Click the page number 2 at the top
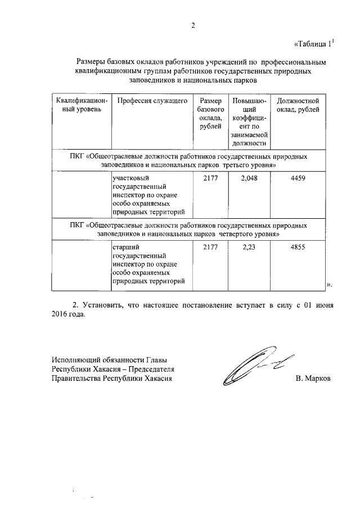[x=192, y=25]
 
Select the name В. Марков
[x=313, y=379]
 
